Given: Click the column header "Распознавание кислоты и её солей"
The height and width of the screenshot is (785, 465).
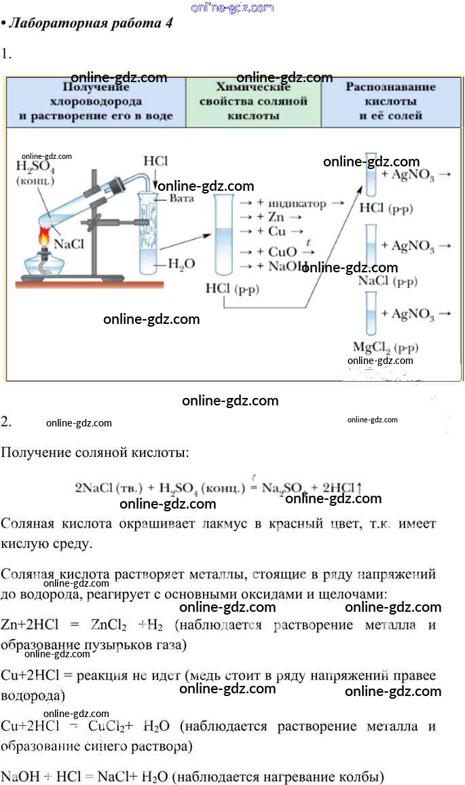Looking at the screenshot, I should [390, 101].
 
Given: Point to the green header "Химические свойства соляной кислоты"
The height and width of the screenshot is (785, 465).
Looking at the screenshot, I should [253, 101].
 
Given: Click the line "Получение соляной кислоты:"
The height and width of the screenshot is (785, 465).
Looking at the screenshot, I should [94, 452].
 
